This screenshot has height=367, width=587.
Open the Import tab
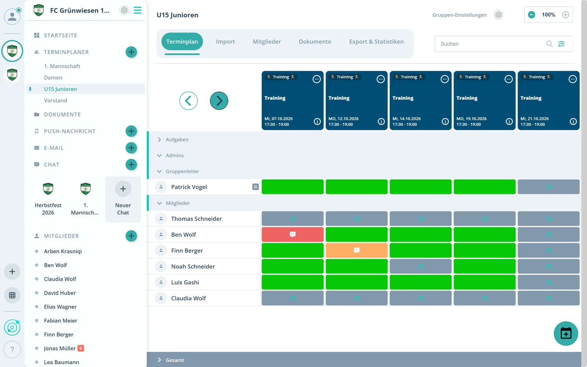click(x=225, y=41)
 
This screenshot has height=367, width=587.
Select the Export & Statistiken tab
click(x=376, y=41)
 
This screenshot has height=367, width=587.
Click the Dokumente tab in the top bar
click(x=315, y=41)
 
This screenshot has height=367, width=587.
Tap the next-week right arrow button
click(x=219, y=101)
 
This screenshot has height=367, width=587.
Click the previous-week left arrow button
click(x=189, y=101)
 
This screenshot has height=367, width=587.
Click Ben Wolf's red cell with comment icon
click(x=292, y=235)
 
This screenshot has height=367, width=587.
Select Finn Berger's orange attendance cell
click(x=356, y=250)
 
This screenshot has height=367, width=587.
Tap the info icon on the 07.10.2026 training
click(x=317, y=121)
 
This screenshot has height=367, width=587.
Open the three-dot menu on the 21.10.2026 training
click(x=572, y=79)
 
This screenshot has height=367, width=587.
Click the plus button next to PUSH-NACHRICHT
click(x=131, y=131)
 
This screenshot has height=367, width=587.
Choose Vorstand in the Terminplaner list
click(x=55, y=101)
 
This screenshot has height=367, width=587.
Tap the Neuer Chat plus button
click(x=123, y=189)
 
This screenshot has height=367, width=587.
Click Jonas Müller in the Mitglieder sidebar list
click(x=60, y=348)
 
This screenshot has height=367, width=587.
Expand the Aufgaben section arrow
click(x=159, y=139)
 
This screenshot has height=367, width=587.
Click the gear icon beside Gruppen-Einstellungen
click(x=498, y=15)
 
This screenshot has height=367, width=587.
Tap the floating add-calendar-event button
click(x=566, y=334)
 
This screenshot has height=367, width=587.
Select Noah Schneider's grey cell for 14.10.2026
click(x=420, y=266)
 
